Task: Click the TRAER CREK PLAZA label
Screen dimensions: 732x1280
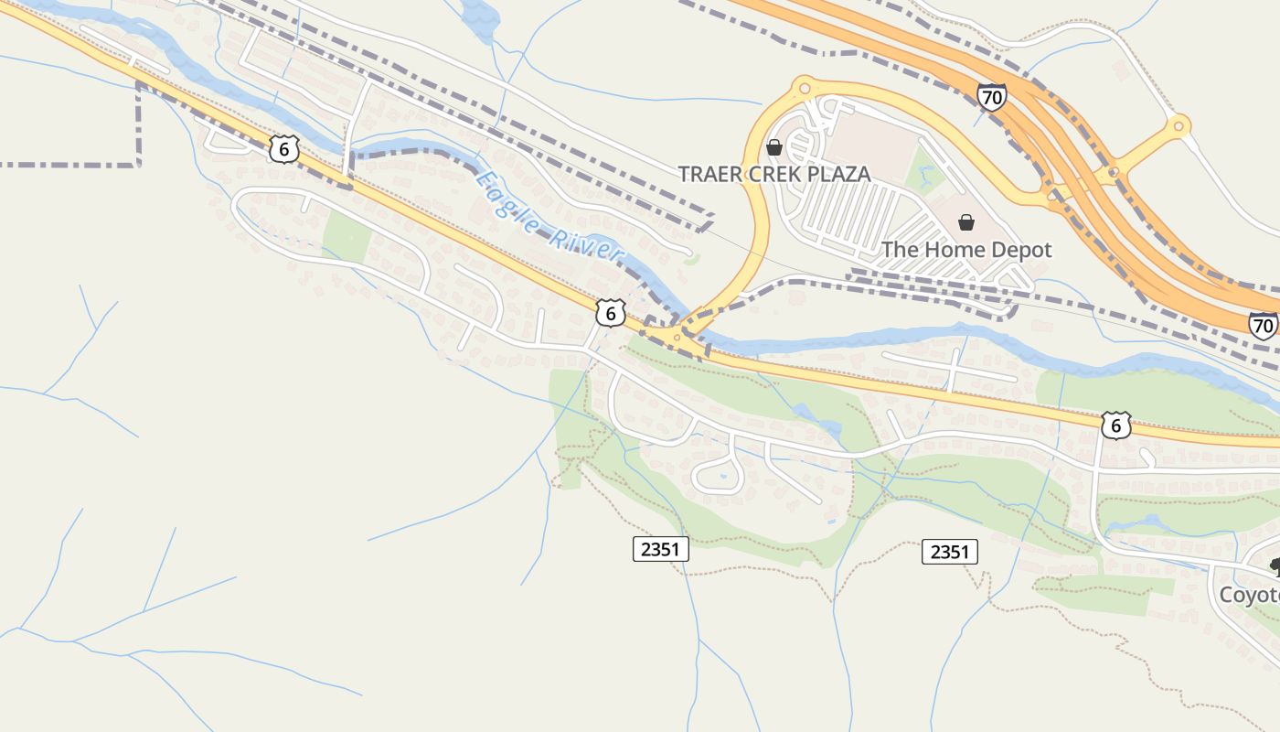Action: click(x=773, y=174)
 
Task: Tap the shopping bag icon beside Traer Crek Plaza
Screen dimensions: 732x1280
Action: click(x=774, y=146)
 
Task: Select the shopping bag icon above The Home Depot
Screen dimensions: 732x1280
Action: click(x=965, y=222)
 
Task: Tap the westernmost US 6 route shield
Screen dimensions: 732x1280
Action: click(x=284, y=149)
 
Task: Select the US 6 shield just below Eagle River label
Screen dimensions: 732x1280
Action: click(x=610, y=314)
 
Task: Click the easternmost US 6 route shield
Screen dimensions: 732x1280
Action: click(x=1115, y=425)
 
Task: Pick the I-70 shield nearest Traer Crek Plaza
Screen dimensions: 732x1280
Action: click(x=991, y=96)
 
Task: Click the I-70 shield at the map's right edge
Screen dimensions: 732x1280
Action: click(x=1264, y=325)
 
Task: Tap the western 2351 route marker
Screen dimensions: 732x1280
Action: click(x=660, y=549)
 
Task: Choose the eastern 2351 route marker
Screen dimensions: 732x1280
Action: click(x=949, y=552)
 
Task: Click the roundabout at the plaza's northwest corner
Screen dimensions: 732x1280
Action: click(x=804, y=88)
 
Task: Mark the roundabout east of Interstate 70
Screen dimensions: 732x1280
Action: click(x=1179, y=125)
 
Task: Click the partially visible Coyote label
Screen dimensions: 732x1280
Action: click(x=1250, y=595)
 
